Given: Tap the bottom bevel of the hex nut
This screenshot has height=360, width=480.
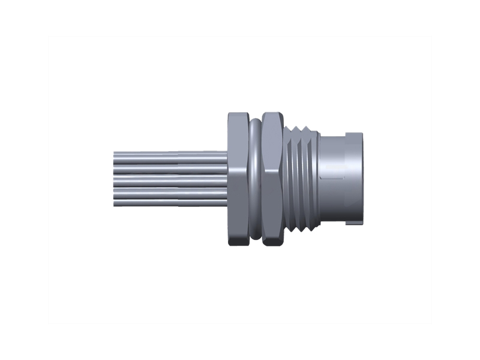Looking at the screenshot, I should click(273, 243).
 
